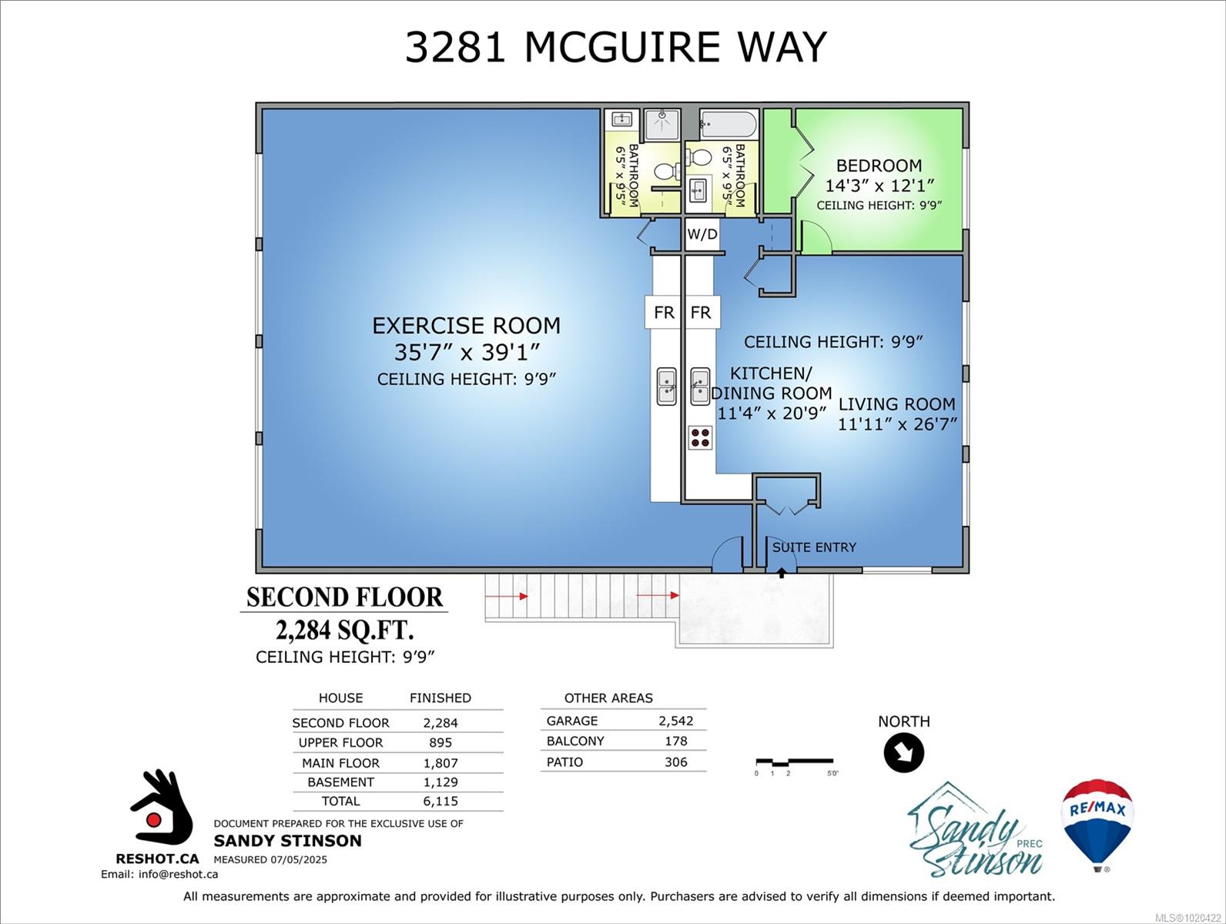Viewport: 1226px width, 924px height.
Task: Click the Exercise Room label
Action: (467, 326)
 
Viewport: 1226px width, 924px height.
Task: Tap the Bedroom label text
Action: (879, 166)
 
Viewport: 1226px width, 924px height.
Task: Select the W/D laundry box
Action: (702, 234)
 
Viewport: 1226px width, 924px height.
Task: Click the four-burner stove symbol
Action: (701, 437)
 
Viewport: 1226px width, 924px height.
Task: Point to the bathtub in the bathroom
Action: (729, 125)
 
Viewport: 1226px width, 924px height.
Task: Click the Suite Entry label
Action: (814, 547)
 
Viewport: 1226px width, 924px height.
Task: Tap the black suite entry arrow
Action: (782, 572)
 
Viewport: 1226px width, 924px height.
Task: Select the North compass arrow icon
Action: (904, 752)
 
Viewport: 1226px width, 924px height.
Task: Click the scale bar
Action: (794, 762)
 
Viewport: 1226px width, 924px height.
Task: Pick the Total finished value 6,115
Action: (440, 801)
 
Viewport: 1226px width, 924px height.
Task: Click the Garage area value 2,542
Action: (676, 721)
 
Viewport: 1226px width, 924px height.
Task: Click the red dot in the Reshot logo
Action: (154, 819)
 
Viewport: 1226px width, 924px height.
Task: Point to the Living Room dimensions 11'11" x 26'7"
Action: (897, 424)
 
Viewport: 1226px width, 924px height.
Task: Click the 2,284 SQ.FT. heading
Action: (344, 631)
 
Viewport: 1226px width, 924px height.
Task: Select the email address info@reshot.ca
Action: (178, 874)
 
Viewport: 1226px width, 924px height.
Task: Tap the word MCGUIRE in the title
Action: (623, 47)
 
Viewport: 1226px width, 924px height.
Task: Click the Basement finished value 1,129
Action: (440, 782)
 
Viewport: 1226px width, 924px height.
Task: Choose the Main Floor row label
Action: (340, 762)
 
